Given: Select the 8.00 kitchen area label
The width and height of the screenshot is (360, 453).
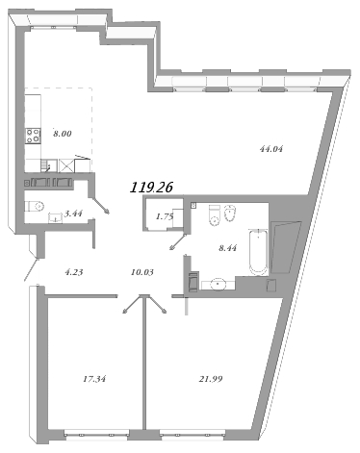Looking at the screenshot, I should coord(64,137).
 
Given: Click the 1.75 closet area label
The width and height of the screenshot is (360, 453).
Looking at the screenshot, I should coord(164,216).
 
